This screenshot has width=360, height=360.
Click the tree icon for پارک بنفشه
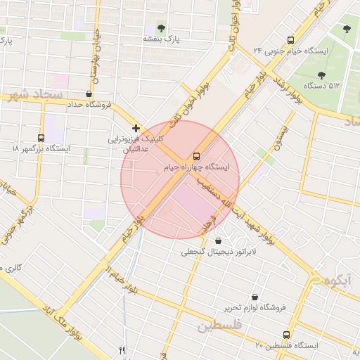pos(161,28)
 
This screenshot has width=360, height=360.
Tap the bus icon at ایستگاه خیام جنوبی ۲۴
pos(291,40)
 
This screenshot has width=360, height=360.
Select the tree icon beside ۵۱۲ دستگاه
pos(322,75)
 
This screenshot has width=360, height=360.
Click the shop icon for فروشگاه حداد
pos(88,94)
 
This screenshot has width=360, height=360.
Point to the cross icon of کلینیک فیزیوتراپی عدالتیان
pos(136,128)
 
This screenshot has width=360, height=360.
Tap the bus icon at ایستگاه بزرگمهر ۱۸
pos(41,138)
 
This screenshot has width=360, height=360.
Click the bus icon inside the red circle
pos(196,155)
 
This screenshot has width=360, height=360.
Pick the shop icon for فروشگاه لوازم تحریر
pos(254,297)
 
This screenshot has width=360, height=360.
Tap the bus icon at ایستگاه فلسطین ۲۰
pos(285,335)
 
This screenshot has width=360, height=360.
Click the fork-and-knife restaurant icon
pos(122,350)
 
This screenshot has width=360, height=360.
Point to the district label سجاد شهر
pos(38,94)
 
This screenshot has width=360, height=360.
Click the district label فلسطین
pos(219,326)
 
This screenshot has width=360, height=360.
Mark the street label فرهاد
pos(208,224)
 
